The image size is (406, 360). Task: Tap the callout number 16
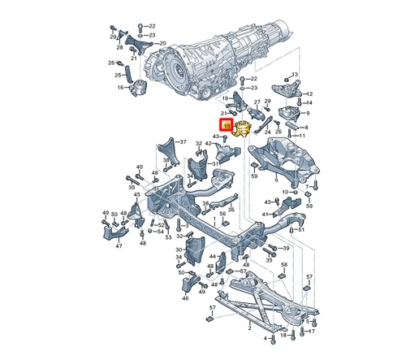pos(120,88)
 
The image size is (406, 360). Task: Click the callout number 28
pos(119,47)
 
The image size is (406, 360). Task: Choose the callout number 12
pos(309,93)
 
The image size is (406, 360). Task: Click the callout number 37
pos(183,141)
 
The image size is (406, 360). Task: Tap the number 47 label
pos(119,246)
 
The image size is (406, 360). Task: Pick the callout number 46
pos(185,297)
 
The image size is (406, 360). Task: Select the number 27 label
pos(257,101)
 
